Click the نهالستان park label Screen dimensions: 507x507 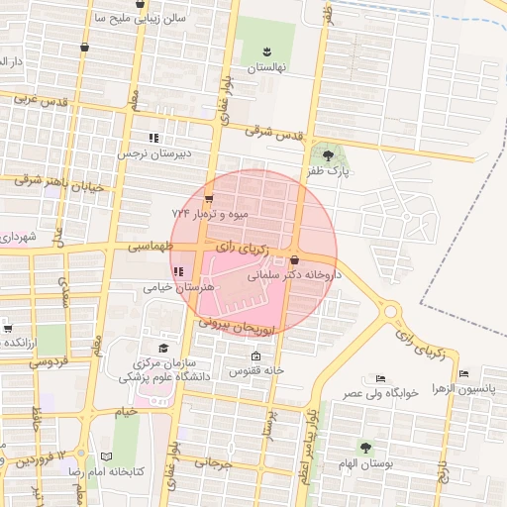[x=265, y=67]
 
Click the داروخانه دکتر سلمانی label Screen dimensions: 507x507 [x=297, y=275]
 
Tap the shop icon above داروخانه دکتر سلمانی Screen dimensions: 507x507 [x=294, y=259]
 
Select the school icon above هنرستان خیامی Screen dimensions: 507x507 [x=178, y=271]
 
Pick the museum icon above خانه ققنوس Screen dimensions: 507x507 [x=257, y=356]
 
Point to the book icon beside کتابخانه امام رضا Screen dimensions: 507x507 [x=107, y=456]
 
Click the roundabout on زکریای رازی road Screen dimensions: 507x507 [x=391, y=311]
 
